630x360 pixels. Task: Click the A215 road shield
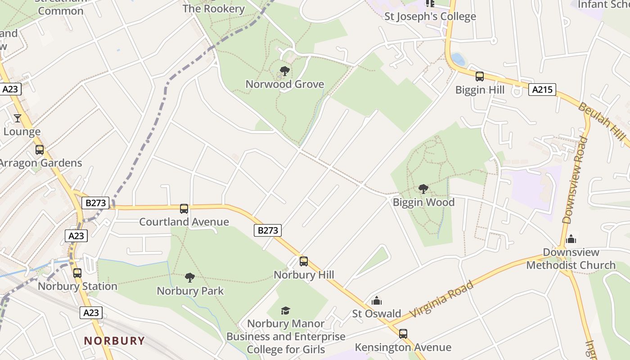pos(542,90)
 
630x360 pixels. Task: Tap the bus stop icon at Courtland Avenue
pos(184,208)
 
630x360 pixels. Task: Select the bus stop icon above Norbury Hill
pos(304,261)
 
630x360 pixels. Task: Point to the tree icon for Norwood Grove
pos(284,71)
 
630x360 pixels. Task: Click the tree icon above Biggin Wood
pos(423,189)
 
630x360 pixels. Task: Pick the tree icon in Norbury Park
pos(190,277)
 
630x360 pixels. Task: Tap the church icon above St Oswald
pos(376,301)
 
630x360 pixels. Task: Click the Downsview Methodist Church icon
pos(571,238)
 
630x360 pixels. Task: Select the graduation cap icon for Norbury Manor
pos(285,310)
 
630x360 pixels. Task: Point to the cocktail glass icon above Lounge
pos(18,118)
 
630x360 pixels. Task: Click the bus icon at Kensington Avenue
pos(403,333)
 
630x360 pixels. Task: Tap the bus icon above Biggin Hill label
pos(480,76)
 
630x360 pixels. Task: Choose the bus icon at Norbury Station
pos(77,273)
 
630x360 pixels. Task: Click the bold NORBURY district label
pos(114,341)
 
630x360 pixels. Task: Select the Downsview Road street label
pos(575,180)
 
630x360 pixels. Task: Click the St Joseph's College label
pos(430,17)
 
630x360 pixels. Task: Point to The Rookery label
pos(214,9)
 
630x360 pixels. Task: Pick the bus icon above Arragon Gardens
pos(40,149)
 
